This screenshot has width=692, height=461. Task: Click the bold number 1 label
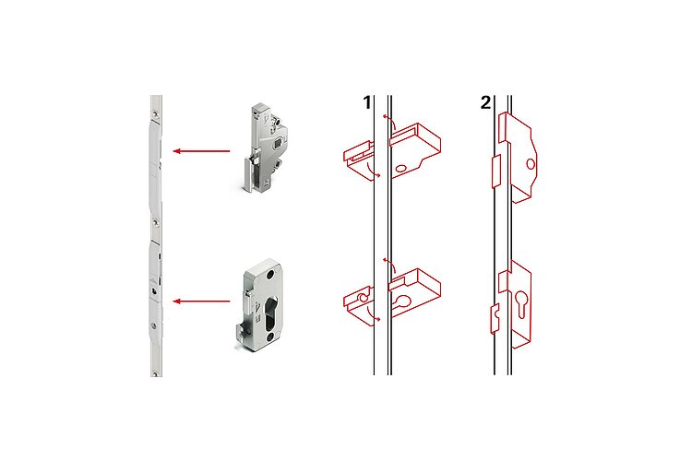366,102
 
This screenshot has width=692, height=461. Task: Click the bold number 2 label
485,102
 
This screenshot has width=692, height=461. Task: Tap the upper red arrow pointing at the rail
201,151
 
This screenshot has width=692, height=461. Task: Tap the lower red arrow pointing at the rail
201,301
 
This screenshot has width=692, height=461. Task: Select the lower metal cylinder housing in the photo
260,305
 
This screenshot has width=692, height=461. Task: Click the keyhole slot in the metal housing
269,312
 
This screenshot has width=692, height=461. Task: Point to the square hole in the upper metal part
279,142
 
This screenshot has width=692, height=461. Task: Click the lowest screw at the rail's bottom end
155,374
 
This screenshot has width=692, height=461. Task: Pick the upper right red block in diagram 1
415,150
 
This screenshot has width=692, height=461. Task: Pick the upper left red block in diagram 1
358,160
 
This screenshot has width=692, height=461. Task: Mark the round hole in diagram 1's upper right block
401,169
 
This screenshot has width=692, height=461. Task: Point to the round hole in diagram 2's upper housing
531,164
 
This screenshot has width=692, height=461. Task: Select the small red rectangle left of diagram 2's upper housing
496,171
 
